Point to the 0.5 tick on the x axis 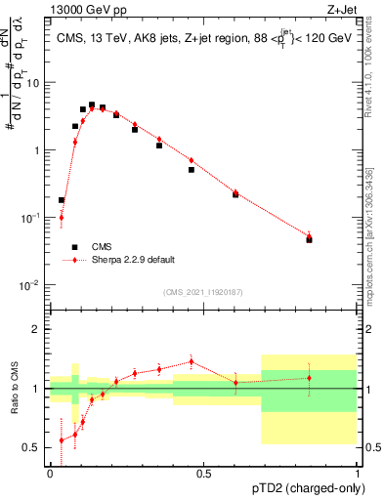203,473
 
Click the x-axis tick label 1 357,473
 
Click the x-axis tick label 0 50,473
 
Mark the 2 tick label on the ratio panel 39,329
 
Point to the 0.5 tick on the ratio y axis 34,447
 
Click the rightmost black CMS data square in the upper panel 309,239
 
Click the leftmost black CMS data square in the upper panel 62,200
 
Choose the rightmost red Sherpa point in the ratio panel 309,378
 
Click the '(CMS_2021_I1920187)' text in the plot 203,291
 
